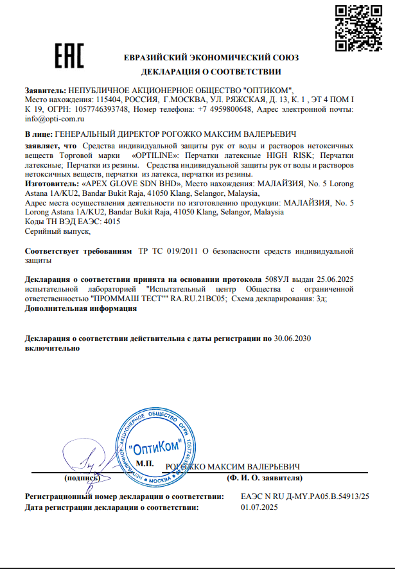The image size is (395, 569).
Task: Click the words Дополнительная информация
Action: pyautogui.click(x=80, y=308)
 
